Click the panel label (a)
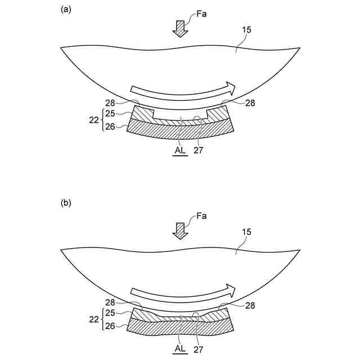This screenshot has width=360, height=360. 65,10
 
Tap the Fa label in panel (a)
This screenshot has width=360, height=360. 201,13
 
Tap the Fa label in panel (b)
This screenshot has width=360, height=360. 201,216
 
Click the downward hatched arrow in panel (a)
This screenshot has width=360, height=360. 180,28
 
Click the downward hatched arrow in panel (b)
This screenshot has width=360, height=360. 180,231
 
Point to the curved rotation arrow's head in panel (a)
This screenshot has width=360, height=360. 230,87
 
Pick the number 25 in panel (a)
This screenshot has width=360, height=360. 110,114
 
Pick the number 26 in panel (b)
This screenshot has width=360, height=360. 110,326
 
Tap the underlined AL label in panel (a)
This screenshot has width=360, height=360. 180,151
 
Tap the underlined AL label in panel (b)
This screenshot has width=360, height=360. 180,349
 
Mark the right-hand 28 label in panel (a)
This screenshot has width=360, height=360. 250,103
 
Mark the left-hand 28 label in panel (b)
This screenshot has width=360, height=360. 110,303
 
